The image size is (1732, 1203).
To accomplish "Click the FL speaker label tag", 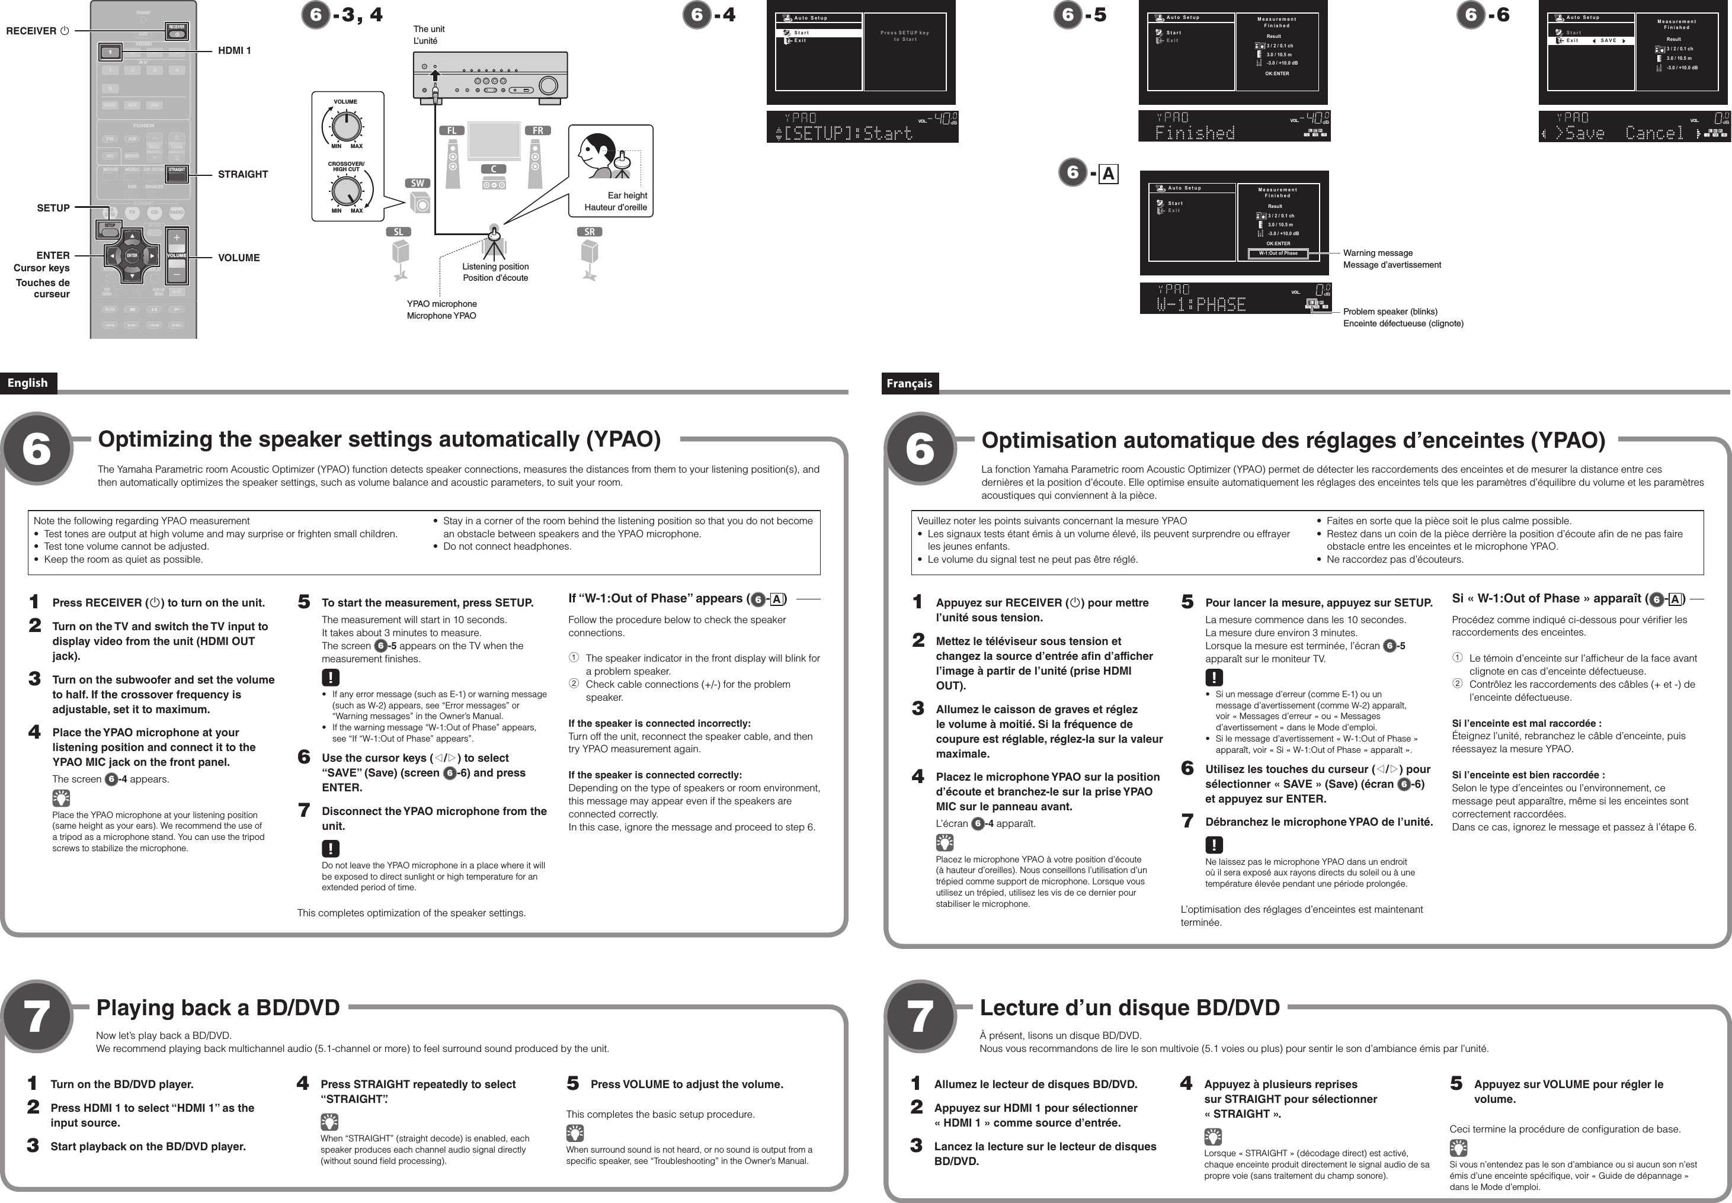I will [x=451, y=130].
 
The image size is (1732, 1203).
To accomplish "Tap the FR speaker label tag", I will [x=537, y=130].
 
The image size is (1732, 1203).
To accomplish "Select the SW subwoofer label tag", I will [x=417, y=183].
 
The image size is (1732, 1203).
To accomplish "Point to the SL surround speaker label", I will [x=398, y=232].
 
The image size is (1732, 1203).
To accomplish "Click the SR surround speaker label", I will [x=590, y=232].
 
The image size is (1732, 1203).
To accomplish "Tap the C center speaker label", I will [x=494, y=169].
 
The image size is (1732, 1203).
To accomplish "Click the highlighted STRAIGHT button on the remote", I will [x=177, y=171].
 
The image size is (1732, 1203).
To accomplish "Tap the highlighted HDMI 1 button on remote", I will [x=111, y=52].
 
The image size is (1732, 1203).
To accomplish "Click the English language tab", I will [x=28, y=383].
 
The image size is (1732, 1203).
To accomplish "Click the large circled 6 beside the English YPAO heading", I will [x=36, y=449].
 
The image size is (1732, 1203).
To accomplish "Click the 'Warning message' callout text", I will [x=1378, y=254].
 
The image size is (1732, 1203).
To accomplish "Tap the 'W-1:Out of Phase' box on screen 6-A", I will [x=1278, y=254].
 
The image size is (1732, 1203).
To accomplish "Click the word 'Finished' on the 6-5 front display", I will [x=1195, y=133].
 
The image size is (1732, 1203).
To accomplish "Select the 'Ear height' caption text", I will [x=628, y=195].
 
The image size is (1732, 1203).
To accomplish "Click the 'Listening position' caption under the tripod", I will [x=495, y=267].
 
